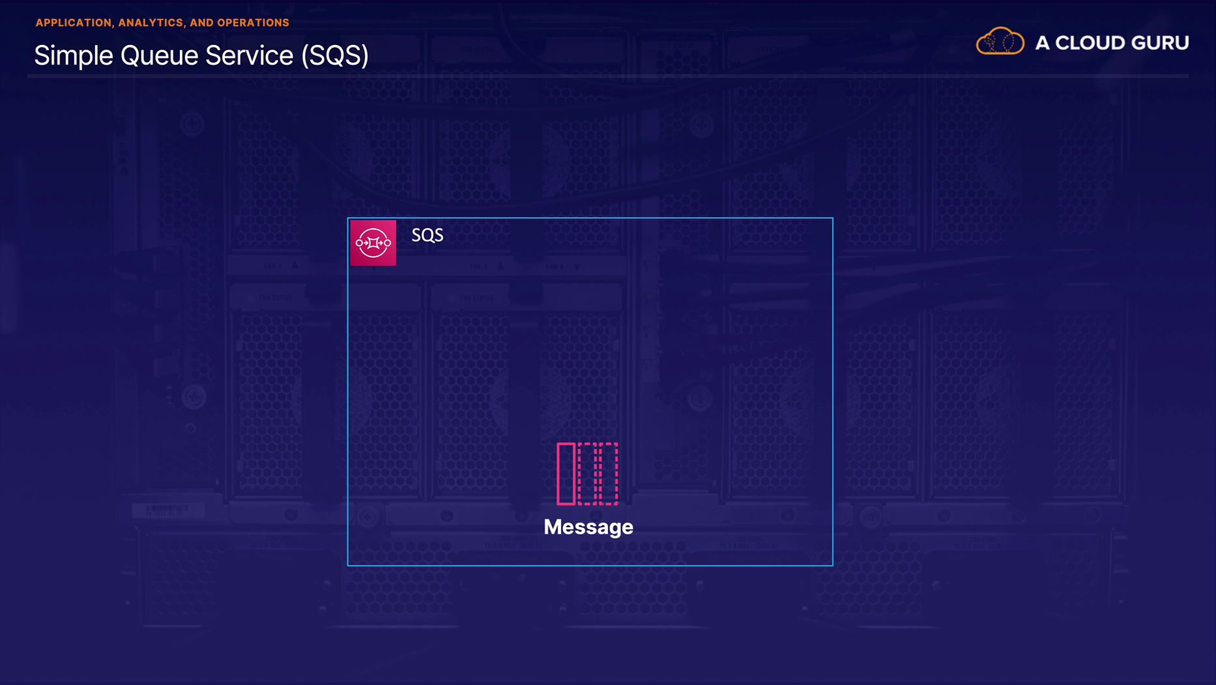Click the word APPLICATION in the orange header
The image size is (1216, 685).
(73, 23)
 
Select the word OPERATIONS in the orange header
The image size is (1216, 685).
(253, 23)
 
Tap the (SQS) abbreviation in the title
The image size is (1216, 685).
(335, 56)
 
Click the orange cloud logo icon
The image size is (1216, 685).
(1000, 42)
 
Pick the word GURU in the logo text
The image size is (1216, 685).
(1160, 43)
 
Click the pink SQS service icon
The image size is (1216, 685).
(373, 243)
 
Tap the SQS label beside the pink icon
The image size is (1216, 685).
(427, 236)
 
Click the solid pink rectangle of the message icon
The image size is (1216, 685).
(566, 474)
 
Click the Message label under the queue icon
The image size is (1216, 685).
(588, 527)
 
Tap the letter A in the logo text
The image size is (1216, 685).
(1042, 43)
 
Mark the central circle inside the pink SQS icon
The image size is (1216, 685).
(373, 243)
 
